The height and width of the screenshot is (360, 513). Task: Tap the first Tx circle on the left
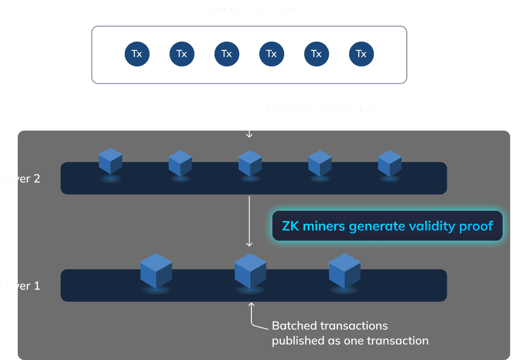pos(137,54)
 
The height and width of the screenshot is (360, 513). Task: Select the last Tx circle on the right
pos(361,54)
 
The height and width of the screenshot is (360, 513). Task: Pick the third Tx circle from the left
pos(227,54)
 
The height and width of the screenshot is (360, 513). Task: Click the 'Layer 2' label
pos(21,179)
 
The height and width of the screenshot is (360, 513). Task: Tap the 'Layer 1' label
pos(21,286)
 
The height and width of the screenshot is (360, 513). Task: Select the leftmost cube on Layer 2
pos(111,161)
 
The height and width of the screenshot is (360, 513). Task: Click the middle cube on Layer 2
pos(250,163)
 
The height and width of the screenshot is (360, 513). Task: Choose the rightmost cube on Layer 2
pos(389,163)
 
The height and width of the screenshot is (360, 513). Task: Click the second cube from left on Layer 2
pos(180,163)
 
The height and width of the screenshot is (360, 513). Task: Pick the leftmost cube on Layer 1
pos(156,271)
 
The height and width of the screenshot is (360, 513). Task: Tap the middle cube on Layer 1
pos(250,271)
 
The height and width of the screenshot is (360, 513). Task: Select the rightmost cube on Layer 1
pos(344,271)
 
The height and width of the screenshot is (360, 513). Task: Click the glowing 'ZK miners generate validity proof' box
pos(387,226)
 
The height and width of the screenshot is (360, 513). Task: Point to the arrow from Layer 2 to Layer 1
pos(250,221)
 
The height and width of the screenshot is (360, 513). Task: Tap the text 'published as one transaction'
pos(350,340)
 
